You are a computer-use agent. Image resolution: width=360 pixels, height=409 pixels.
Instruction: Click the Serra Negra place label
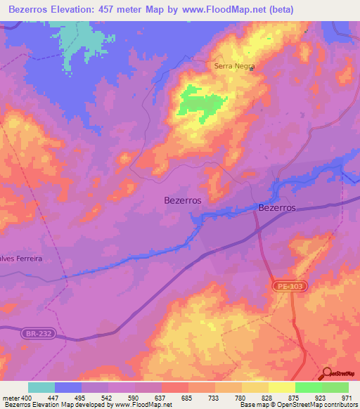[x=233, y=67]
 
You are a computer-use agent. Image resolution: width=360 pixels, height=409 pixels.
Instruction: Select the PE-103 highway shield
[x=283, y=287]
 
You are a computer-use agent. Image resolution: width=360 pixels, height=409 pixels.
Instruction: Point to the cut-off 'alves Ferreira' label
[x=22, y=259]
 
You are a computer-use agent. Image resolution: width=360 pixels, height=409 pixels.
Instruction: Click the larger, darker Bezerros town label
[x=277, y=208]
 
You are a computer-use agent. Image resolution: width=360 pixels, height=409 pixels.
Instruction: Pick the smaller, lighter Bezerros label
[x=182, y=200]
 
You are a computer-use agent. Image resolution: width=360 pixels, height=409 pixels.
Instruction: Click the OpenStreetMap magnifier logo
[x=328, y=374]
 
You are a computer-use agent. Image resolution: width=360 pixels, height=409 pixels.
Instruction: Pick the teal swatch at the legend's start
[x=41, y=387]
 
